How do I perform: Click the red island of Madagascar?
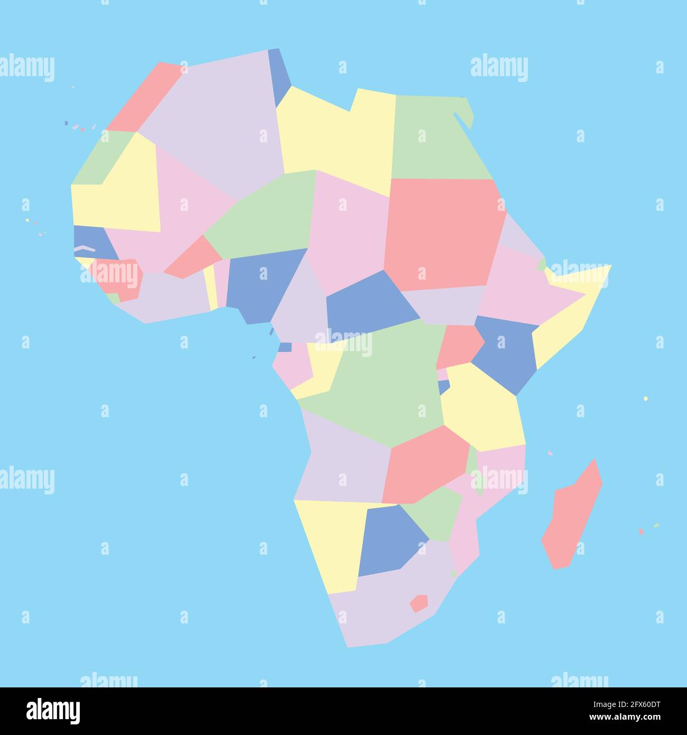tap(572, 516)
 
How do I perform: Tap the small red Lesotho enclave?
tap(419, 603)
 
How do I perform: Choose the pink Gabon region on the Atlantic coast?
tap(291, 365)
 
